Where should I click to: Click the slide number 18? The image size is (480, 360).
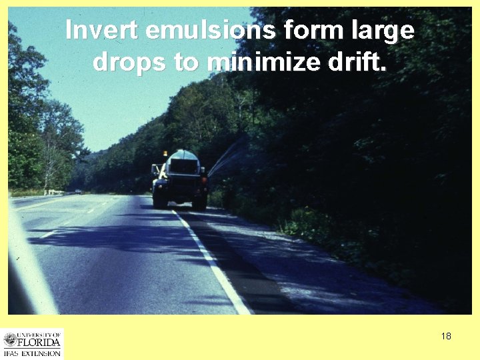pyautogui.click(x=446, y=336)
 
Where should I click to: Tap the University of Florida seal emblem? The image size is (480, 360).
pyautogui.click(x=10, y=339)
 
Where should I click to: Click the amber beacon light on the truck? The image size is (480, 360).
pyautogui.click(x=165, y=153)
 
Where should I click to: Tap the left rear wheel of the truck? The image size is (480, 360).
pyautogui.click(x=159, y=199)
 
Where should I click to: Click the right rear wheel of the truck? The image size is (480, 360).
pyautogui.click(x=199, y=199)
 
